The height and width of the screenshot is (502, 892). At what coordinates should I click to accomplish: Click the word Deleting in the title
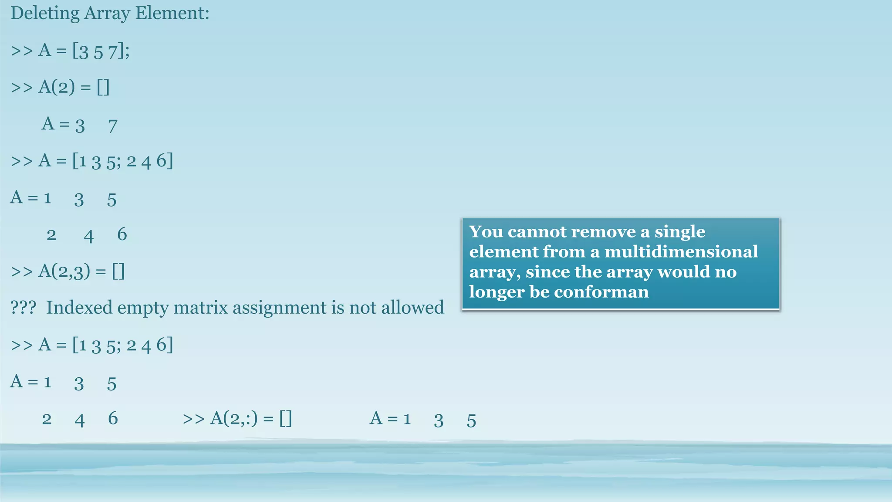45,14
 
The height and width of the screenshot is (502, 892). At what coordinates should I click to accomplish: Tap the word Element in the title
172,14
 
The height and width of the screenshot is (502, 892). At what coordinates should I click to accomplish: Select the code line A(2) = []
60,87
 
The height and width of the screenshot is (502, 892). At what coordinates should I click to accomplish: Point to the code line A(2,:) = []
237,419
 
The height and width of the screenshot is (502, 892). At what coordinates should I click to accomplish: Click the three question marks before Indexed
23,308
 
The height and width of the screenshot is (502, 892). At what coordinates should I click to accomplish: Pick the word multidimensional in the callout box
681,252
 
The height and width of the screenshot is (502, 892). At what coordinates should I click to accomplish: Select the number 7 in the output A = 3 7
113,126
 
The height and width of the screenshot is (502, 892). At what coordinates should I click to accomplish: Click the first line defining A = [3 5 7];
70,51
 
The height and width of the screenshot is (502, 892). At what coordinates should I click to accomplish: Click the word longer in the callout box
497,292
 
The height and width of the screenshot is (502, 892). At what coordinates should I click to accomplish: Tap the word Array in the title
107,14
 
